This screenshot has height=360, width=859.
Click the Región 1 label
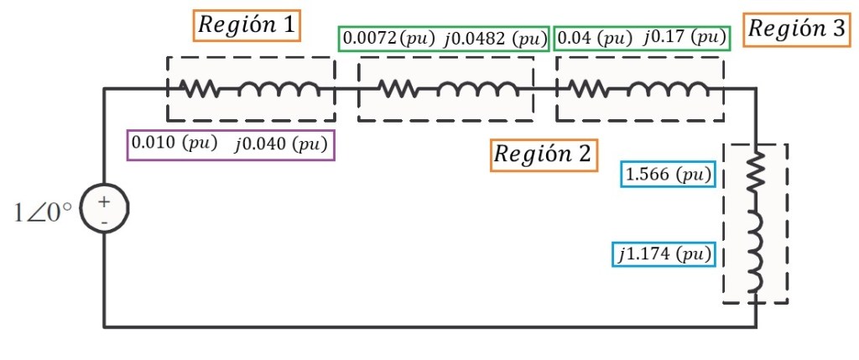point(246,26)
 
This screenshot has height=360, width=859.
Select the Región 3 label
point(796,29)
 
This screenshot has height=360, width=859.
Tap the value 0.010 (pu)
point(176,143)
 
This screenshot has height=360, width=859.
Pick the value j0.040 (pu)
point(280,143)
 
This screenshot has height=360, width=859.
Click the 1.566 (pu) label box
point(668,175)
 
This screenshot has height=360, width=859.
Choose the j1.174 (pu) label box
point(664,253)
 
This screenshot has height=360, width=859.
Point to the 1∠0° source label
point(43,212)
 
